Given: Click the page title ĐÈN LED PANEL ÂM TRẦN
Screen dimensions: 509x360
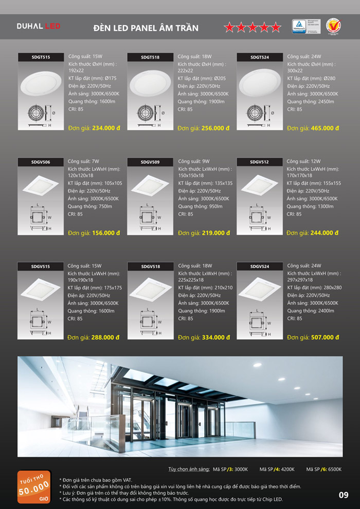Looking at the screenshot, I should pos(146,28).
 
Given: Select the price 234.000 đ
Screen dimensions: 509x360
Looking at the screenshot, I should pos(106,128).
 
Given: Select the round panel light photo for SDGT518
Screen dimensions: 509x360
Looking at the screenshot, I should pos(150,82).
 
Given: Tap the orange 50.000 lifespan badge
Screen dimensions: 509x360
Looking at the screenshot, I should pos(34,486).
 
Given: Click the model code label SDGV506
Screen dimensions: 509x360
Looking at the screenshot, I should pos(41,162).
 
